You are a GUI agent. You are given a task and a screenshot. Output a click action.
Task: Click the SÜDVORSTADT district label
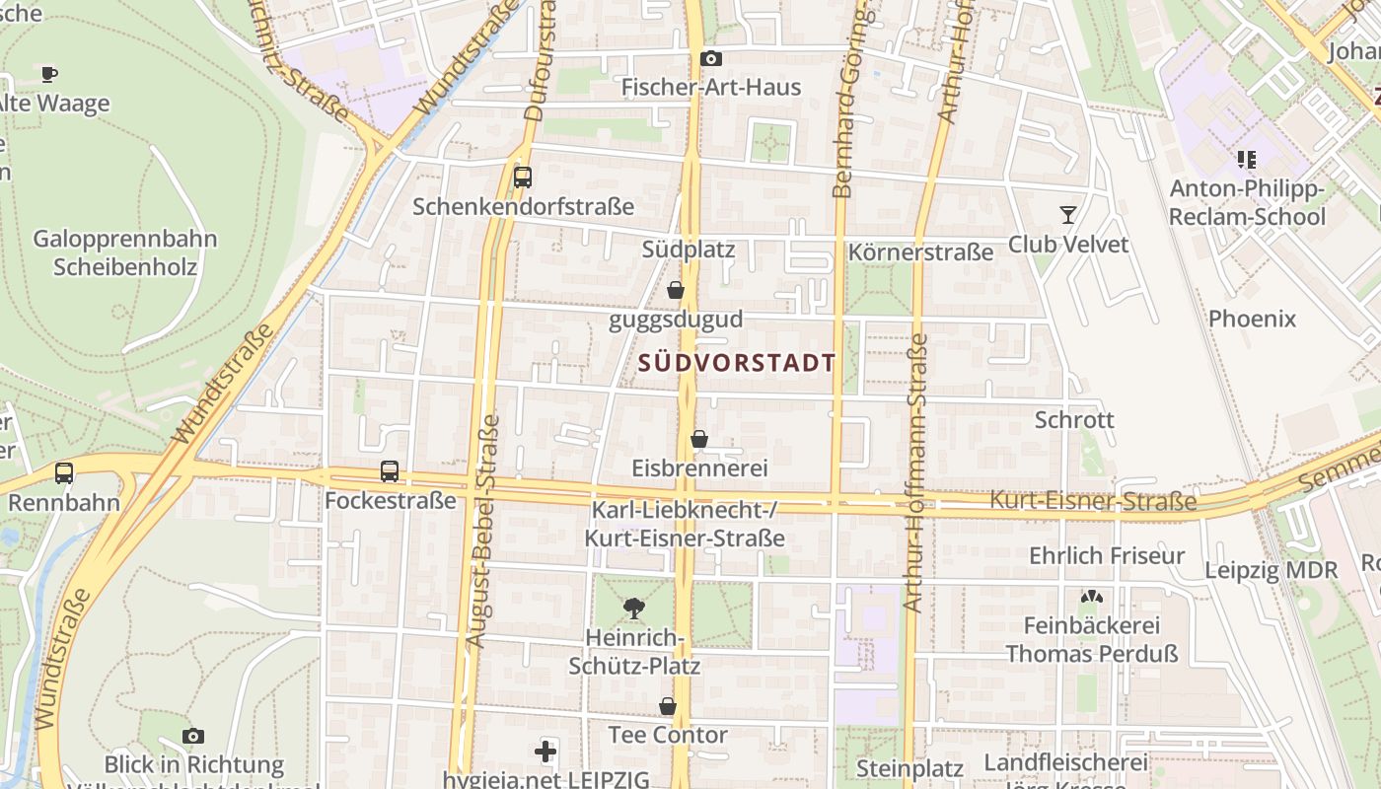[737, 363]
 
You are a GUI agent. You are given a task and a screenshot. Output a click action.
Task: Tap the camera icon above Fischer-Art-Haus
[710, 59]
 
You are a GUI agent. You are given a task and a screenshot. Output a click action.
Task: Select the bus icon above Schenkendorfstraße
[523, 178]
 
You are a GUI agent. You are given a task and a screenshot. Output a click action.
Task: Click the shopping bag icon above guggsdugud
[676, 290]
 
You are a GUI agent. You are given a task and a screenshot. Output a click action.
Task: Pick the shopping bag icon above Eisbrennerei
[699, 439]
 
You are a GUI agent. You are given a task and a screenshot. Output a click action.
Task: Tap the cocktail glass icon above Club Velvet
[1067, 214]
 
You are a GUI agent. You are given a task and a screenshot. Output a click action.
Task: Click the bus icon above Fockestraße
[390, 471]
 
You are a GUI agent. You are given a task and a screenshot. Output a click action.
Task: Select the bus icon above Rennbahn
[64, 473]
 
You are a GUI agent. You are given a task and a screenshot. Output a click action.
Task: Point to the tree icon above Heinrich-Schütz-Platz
[634, 608]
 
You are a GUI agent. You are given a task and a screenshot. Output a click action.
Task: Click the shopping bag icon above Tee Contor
[668, 706]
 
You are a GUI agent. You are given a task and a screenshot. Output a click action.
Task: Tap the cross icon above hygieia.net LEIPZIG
[545, 753]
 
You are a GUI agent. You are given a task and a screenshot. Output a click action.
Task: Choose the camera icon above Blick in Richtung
[193, 736]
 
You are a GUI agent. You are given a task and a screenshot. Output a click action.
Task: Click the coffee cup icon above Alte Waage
[49, 74]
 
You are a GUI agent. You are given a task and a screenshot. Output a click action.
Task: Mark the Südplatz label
[689, 250]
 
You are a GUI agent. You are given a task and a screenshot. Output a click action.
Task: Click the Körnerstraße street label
[920, 252]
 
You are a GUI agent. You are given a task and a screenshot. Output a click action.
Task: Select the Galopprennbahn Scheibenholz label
[125, 252]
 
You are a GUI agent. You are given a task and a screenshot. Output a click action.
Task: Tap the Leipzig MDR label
[1271, 570]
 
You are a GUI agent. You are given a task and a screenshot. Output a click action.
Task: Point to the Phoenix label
[1252, 319]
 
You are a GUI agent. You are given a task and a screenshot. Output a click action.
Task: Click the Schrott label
[1074, 420]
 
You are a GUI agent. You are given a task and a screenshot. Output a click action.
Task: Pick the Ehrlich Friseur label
[1107, 556]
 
